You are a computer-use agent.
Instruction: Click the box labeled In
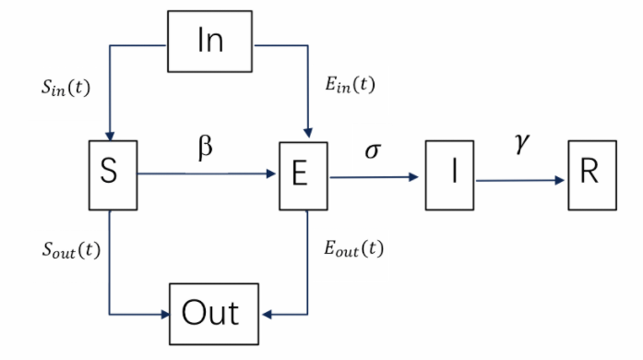pos(209,41)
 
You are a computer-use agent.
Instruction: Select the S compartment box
pos(110,172)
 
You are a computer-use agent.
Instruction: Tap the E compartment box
pos(304,174)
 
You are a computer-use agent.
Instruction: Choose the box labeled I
pos(451,175)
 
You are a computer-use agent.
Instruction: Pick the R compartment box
pos(590,175)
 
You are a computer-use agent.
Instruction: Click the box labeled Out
pos(209,312)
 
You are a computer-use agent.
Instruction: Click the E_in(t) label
pos(350,85)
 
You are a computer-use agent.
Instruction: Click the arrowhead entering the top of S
pos(110,135)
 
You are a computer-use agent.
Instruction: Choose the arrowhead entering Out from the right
pos(268,313)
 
